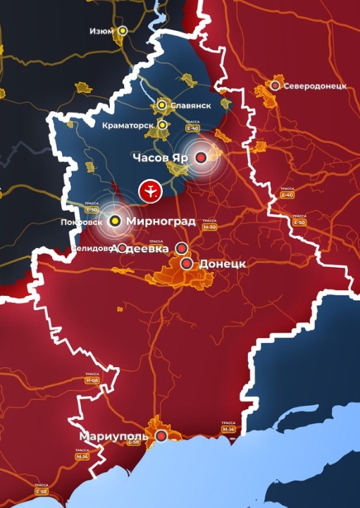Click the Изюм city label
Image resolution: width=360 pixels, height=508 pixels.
point(102,31)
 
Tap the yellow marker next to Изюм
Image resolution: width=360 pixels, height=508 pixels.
point(123,31)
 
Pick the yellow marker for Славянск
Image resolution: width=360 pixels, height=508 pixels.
point(162,105)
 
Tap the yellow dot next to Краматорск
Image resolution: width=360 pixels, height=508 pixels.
point(163,125)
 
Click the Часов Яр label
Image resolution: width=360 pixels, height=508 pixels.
point(161,158)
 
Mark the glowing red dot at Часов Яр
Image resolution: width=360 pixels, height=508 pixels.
point(201,158)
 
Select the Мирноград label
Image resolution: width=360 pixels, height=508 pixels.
point(161,221)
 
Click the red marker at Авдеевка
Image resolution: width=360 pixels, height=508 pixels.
point(181,248)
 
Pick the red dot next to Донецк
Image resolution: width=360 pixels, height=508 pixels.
point(187,264)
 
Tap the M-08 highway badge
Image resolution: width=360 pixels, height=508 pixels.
point(92,380)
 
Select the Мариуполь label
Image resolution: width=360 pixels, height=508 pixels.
point(113,435)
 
